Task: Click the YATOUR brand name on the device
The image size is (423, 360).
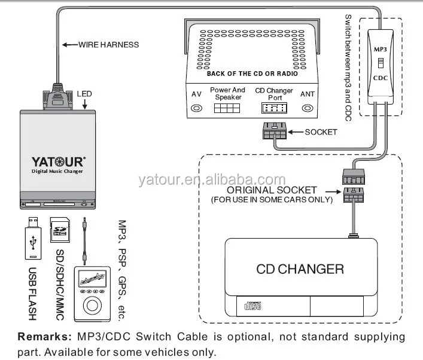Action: (58, 161)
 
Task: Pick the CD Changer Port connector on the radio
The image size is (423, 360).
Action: (274, 108)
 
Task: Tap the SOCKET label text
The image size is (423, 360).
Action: (321, 132)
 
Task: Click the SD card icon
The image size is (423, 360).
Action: (60, 230)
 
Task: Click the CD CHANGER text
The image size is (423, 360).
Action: (300, 269)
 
